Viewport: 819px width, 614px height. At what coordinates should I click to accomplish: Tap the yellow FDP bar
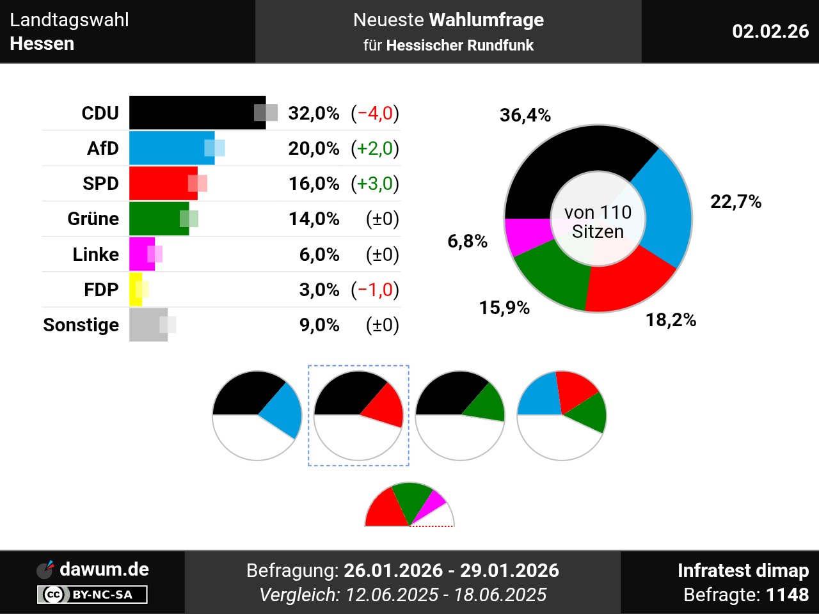tap(136, 290)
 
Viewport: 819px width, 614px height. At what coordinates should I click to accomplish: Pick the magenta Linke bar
tap(141, 255)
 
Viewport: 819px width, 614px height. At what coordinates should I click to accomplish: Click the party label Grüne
tap(93, 219)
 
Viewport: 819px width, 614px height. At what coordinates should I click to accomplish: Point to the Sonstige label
tap(81, 325)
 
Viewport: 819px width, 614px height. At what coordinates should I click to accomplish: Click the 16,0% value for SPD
tap(314, 184)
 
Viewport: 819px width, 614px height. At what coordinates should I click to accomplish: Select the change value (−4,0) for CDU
tap(375, 113)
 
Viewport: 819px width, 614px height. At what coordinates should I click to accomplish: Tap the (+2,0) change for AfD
tap(375, 148)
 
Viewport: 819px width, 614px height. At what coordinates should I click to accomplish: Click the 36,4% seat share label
tap(525, 115)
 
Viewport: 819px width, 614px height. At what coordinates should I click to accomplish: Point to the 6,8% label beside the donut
tap(467, 241)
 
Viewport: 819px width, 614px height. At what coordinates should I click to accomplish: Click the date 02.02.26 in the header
tap(770, 31)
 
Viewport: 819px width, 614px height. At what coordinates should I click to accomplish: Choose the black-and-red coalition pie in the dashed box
tap(358, 415)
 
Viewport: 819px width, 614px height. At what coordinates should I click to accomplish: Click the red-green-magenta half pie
tap(409, 505)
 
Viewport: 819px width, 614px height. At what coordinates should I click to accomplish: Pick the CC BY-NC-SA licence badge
tap(92, 595)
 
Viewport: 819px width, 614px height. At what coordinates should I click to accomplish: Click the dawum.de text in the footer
tap(104, 569)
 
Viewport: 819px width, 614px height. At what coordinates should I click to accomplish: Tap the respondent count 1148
tap(787, 595)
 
